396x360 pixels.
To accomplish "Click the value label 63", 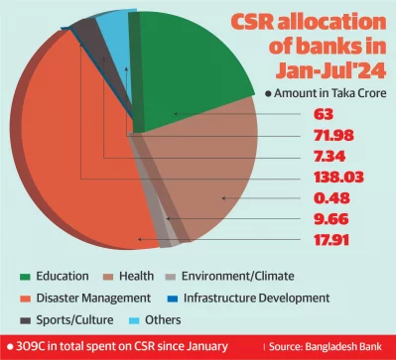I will [311, 113].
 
